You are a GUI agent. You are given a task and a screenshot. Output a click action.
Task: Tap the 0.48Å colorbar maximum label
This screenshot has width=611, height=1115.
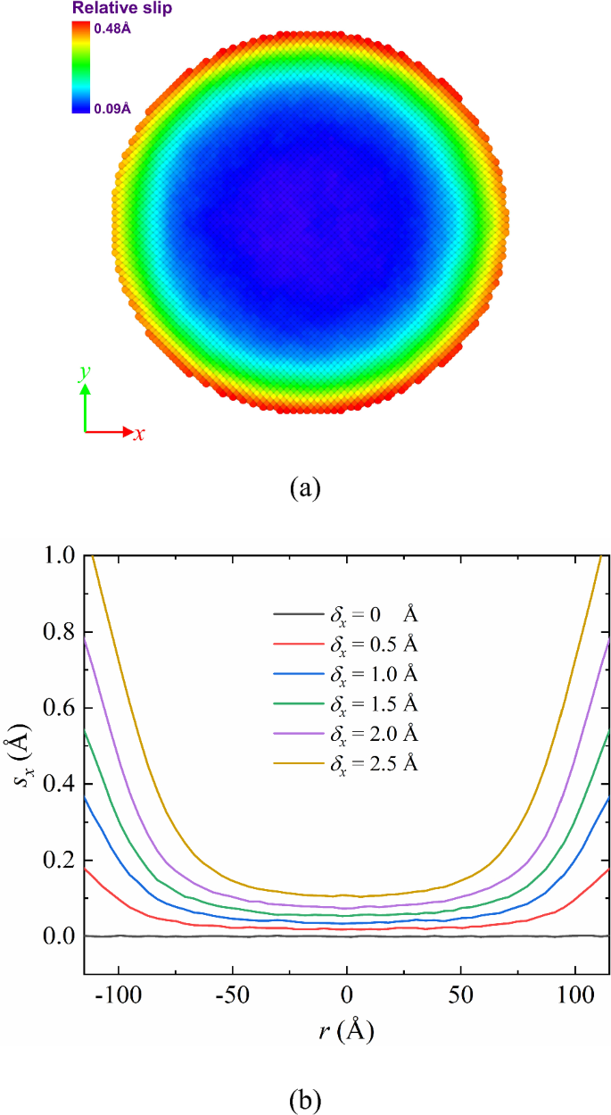pyautogui.click(x=113, y=27)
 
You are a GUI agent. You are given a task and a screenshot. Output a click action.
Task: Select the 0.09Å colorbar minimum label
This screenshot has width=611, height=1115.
pyautogui.click(x=113, y=109)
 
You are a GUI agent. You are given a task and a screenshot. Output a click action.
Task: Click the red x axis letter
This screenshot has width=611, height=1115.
pyautogui.click(x=139, y=434)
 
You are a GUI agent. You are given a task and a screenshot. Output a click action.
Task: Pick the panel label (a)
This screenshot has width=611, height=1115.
pyautogui.click(x=305, y=488)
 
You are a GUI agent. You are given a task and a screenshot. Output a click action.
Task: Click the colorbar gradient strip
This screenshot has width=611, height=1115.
pyautogui.click(x=81, y=67)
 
